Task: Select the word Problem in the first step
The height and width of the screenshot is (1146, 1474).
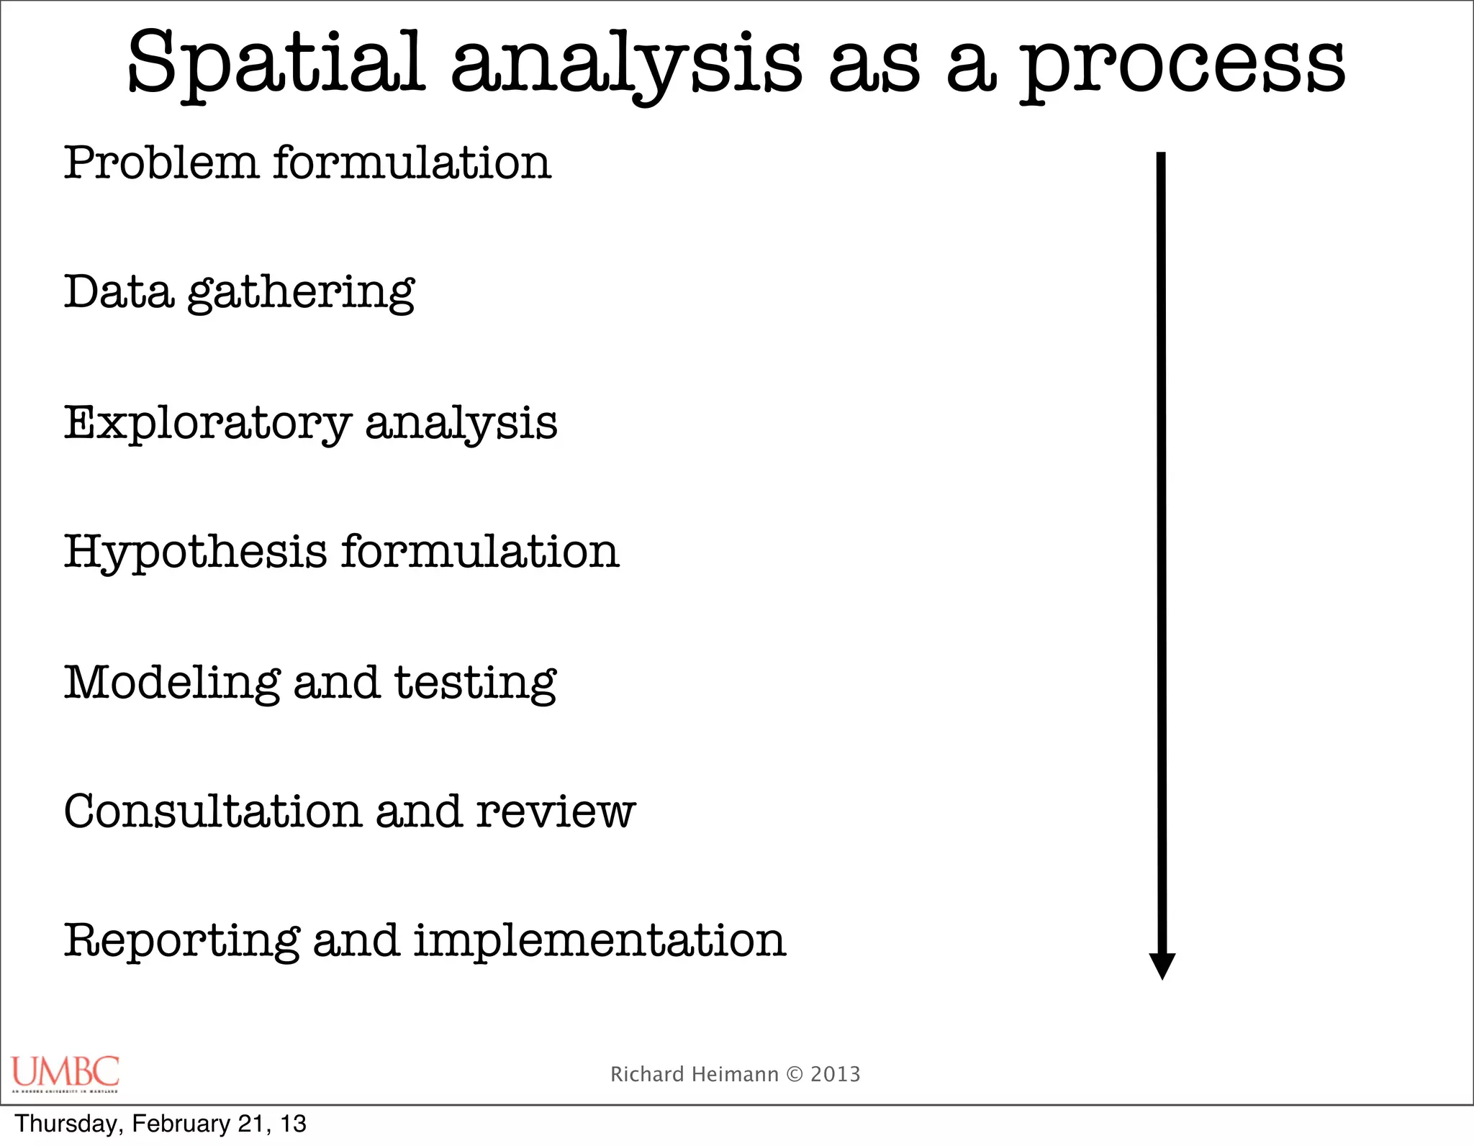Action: [x=160, y=163]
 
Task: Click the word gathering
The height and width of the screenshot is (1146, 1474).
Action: [x=301, y=294]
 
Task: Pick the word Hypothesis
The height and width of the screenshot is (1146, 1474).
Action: [x=195, y=553]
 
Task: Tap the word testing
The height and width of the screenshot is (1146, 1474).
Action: [x=475, y=683]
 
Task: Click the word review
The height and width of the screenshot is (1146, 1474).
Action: [x=555, y=813]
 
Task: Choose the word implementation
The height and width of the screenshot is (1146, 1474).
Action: [x=600, y=942]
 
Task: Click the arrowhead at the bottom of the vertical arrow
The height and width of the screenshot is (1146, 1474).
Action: [x=1162, y=965]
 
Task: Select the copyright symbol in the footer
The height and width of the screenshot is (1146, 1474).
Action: [x=794, y=1075]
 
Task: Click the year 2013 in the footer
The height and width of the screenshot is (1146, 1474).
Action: [x=835, y=1075]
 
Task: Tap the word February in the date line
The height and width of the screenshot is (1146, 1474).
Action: [x=181, y=1124]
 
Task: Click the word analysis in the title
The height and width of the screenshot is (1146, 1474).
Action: [x=625, y=66]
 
